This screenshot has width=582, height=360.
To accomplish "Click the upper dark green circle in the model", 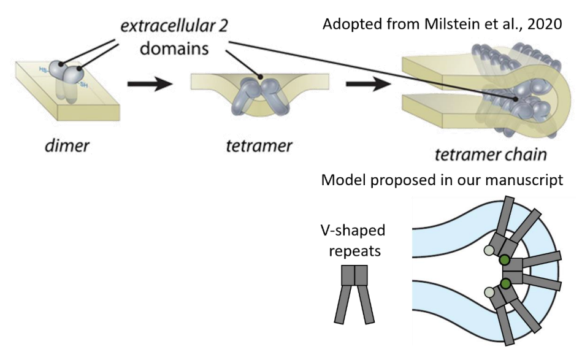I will (x=505, y=260).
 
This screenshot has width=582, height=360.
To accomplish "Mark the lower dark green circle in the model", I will (x=505, y=283).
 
